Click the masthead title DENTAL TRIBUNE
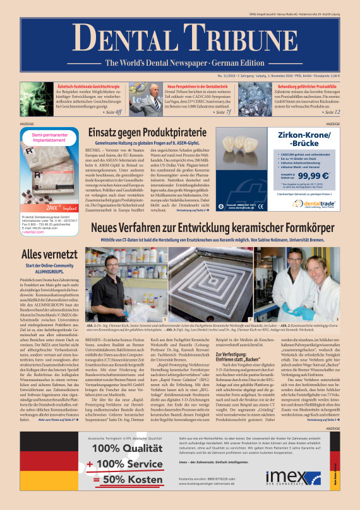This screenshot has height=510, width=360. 179,36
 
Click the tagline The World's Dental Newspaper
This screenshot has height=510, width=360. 179,63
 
